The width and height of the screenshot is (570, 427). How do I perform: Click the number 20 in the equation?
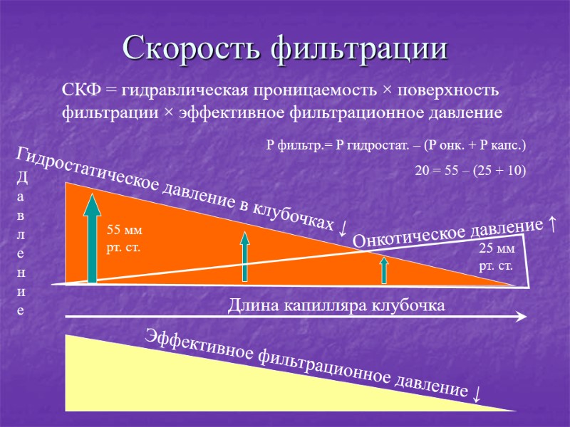coord(423,170)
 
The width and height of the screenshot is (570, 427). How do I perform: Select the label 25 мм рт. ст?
coord(495,257)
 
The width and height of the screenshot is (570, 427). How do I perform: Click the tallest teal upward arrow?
coord(93,234)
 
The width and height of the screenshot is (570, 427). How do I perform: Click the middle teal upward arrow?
coord(244,257)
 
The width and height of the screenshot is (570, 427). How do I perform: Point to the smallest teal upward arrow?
coord(383,270)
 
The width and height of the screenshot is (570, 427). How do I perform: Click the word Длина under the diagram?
coord(249,306)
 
